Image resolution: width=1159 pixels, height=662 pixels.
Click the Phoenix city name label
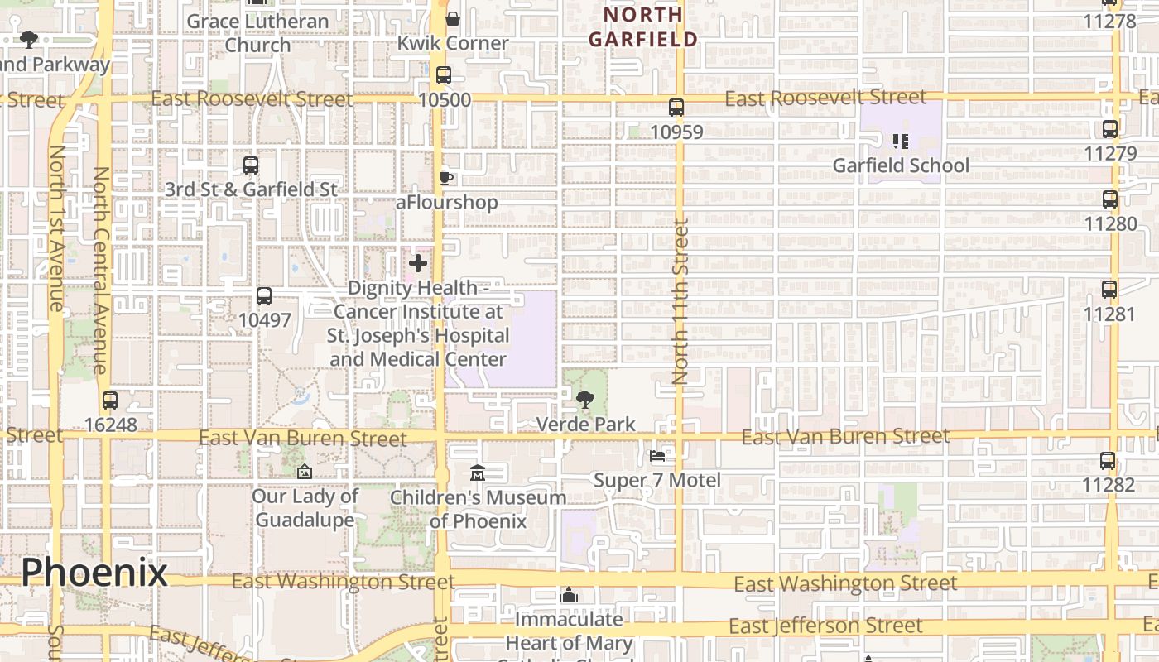pyautogui.click(x=94, y=572)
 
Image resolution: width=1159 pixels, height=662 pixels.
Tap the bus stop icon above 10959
pyautogui.click(x=676, y=108)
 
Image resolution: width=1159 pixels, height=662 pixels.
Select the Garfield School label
pyautogui.click(x=901, y=165)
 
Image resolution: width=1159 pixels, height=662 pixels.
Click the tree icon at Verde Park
pyautogui.click(x=585, y=400)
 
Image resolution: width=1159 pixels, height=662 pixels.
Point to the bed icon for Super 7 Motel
pyautogui.click(x=657, y=455)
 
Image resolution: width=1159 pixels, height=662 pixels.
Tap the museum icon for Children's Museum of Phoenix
pyautogui.click(x=478, y=473)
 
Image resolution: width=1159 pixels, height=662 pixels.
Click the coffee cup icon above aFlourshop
pyautogui.click(x=446, y=178)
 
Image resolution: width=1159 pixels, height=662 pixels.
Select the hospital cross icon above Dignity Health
pyautogui.click(x=418, y=263)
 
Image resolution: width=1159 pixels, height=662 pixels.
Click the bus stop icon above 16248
pyautogui.click(x=110, y=401)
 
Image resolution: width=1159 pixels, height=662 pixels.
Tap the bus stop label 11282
pyautogui.click(x=1109, y=484)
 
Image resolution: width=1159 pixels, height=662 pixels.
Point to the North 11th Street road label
pyautogui.click(x=680, y=301)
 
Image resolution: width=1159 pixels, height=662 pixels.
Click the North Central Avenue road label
pyautogui.click(x=101, y=271)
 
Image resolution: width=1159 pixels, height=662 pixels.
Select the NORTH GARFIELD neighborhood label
pyautogui.click(x=643, y=26)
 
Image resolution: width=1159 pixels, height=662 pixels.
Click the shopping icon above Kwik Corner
pyautogui.click(x=453, y=19)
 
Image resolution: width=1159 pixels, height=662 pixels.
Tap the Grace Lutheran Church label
pyautogui.click(x=257, y=33)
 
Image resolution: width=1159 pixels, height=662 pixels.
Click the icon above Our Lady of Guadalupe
pyautogui.click(x=305, y=472)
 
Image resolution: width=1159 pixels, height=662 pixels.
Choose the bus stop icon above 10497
pyautogui.click(x=264, y=295)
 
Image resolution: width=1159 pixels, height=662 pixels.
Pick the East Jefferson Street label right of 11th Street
pyautogui.click(x=825, y=626)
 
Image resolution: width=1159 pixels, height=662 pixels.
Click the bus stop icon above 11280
pyautogui.click(x=1110, y=199)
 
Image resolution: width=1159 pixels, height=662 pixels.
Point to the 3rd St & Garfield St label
pyautogui.click(x=251, y=189)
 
